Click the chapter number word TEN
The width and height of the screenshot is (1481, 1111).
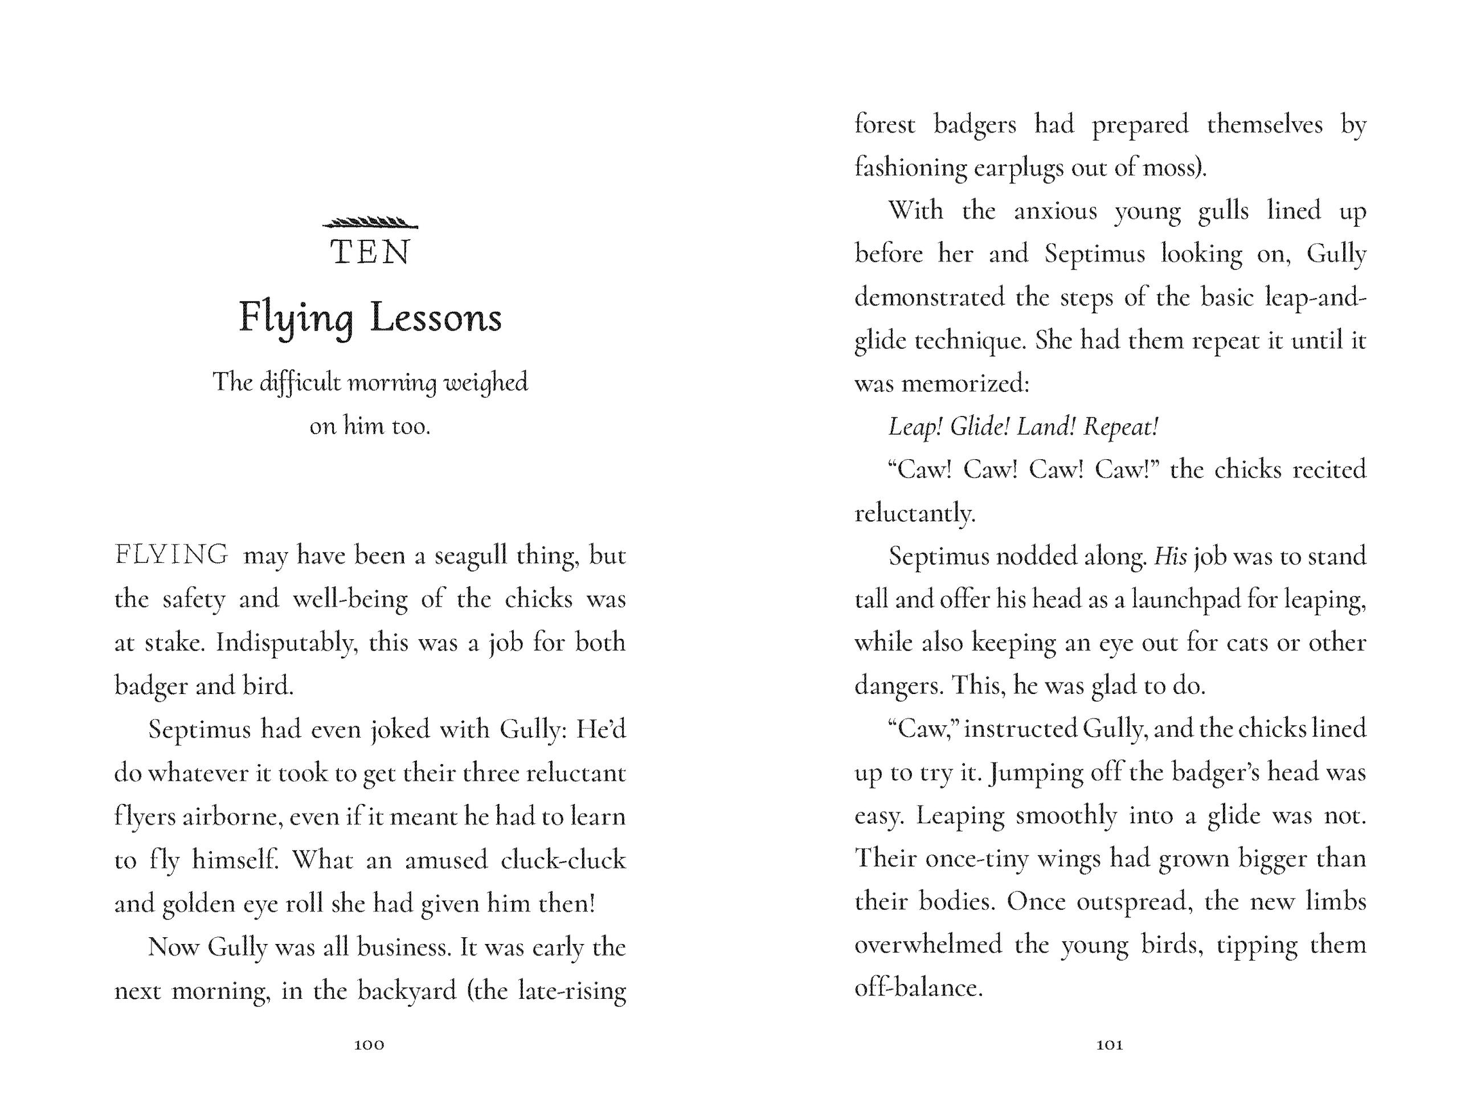[370, 253]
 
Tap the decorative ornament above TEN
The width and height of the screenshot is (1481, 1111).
[370, 223]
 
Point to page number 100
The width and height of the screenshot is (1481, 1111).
[369, 1045]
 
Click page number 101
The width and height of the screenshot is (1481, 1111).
[1110, 1045]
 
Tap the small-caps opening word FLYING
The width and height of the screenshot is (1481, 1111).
[171, 555]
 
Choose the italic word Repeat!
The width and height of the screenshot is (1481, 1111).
[1121, 427]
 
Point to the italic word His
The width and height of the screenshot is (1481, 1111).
[1171, 557]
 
